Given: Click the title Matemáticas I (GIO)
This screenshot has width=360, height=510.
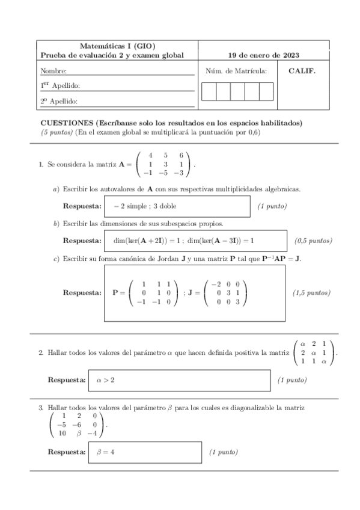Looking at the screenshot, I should pyautogui.click(x=117, y=46).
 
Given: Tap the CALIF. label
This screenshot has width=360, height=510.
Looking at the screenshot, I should pyautogui.click(x=302, y=70).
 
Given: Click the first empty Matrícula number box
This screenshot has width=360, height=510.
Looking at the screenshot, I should pyautogui.click(x=209, y=91).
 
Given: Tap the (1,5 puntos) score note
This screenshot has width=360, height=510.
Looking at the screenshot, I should pyautogui.click(x=311, y=293).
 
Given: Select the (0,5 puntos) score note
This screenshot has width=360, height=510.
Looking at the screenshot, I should pyautogui.click(x=313, y=241).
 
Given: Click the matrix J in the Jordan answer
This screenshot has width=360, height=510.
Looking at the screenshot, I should pyautogui.click(x=225, y=293).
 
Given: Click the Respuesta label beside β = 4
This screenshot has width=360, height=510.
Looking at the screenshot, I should pyautogui.click(x=67, y=452).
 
